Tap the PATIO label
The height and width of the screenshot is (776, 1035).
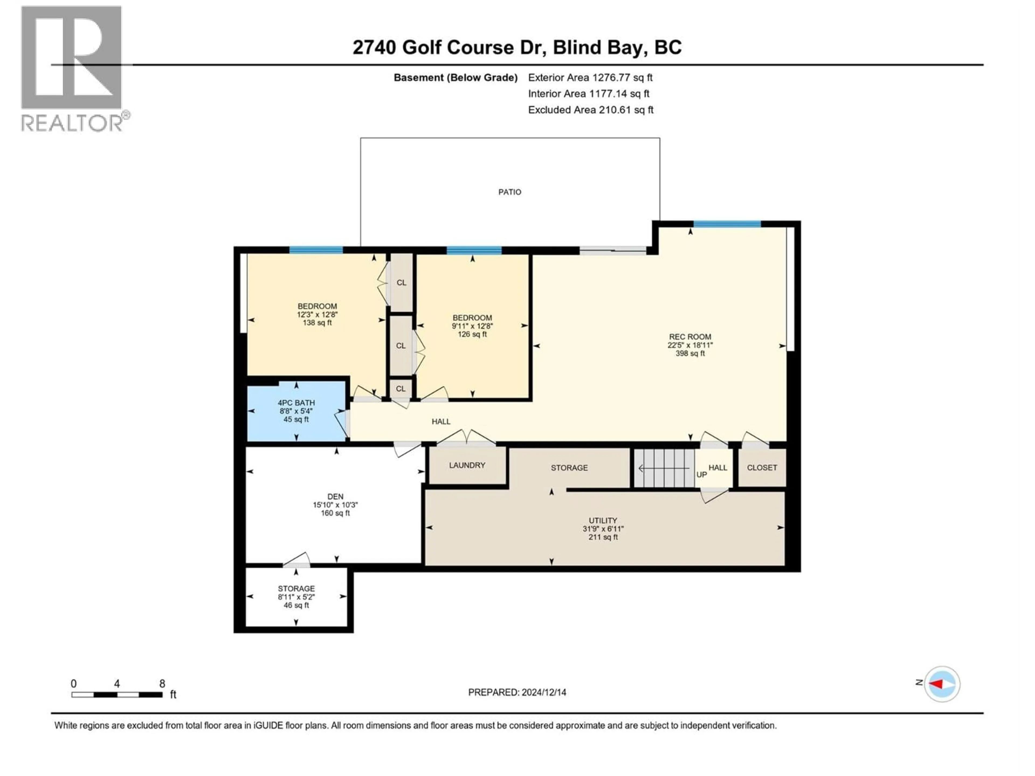pyautogui.click(x=509, y=192)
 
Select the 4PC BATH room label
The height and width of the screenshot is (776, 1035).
pyautogui.click(x=296, y=403)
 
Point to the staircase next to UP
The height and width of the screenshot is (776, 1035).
pyautogui.click(x=664, y=468)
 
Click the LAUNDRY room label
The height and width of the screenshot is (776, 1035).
pyautogui.click(x=467, y=465)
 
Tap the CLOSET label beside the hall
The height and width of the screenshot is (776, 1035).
pyautogui.click(x=762, y=467)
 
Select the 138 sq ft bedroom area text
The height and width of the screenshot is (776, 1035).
pyautogui.click(x=317, y=323)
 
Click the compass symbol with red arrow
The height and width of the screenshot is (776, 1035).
pyautogui.click(x=942, y=684)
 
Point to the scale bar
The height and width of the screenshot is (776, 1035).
pyautogui.click(x=117, y=695)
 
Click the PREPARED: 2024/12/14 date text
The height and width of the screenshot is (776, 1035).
pyautogui.click(x=517, y=692)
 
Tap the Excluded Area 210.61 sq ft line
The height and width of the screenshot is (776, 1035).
pyautogui.click(x=591, y=110)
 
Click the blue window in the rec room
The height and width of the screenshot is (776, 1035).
pyautogui.click(x=727, y=224)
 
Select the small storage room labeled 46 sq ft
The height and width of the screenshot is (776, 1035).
pyautogui.click(x=296, y=597)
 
